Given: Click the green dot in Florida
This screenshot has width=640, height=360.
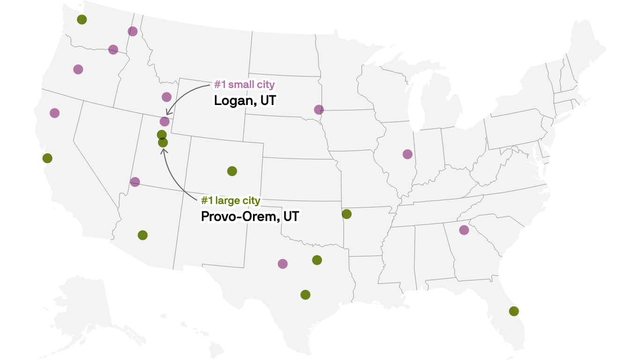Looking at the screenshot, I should click(x=514, y=311).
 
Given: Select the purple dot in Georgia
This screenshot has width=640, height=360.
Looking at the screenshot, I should click(x=464, y=230).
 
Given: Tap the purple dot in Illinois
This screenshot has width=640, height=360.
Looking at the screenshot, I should click(x=408, y=154).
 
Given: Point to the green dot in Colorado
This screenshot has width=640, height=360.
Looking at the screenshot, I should click(x=232, y=171).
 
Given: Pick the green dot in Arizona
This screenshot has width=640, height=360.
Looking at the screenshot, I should click(x=143, y=235).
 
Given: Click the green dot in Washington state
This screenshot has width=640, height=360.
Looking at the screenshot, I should click(x=82, y=19).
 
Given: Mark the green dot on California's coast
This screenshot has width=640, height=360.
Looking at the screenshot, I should click(x=47, y=158).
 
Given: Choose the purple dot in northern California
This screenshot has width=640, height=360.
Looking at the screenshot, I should click(x=55, y=113).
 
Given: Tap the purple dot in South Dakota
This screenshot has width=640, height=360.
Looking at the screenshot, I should click(x=319, y=110).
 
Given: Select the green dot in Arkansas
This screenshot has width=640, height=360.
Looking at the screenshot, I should click(x=347, y=214).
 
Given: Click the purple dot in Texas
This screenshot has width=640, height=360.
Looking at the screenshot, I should click(x=283, y=264).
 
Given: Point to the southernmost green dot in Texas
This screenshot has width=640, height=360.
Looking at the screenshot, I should click(x=305, y=295).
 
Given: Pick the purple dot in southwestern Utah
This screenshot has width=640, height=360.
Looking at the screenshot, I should click(x=135, y=182).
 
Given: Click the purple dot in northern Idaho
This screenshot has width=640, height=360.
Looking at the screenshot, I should click(x=133, y=31).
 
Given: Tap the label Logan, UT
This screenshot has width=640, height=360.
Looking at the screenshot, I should click(x=245, y=100).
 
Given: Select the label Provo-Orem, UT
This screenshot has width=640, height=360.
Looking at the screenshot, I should click(x=250, y=217).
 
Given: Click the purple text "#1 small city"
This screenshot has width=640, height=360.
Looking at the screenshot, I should click(x=245, y=85).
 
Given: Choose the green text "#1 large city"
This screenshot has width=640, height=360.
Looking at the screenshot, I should click(x=231, y=201).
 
